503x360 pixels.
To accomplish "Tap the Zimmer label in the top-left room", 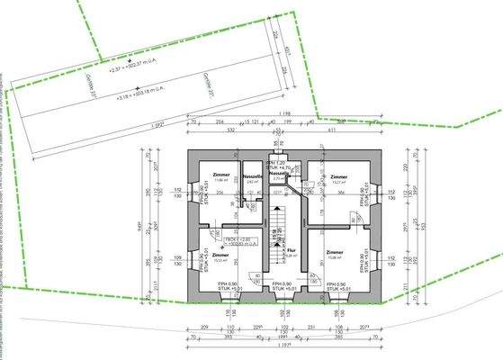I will coord(221,175).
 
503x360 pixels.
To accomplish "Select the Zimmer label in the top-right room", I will coord(338,177).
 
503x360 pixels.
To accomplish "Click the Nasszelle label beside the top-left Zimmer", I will coord(252,177).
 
